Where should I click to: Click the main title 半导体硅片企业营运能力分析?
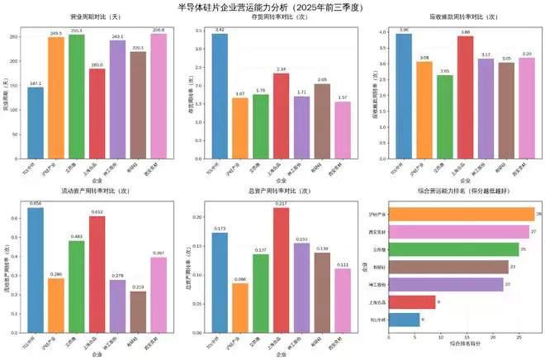pyautogui.click(x=272, y=7)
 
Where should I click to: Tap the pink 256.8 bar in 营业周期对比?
pyautogui.click(x=159, y=94)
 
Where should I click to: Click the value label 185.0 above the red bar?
pyautogui.click(x=97, y=64)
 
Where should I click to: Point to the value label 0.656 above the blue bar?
pyautogui.click(x=36, y=203)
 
